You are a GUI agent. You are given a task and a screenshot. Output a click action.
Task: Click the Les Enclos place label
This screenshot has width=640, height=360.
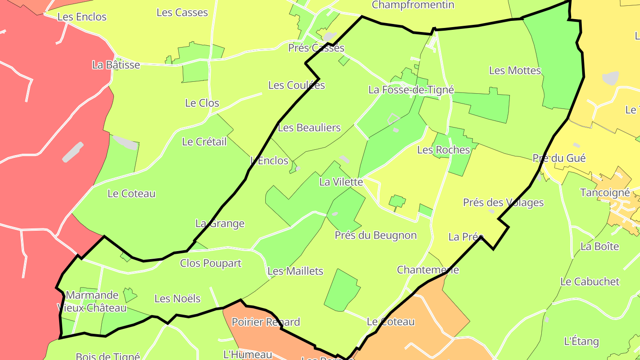tap(82, 17)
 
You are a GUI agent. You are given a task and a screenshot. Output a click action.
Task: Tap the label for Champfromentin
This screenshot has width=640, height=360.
tap(413, 5)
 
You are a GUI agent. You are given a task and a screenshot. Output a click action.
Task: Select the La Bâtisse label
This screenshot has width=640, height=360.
tap(116, 65)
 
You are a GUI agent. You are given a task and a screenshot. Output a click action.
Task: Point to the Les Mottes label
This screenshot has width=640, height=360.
tap(515, 70)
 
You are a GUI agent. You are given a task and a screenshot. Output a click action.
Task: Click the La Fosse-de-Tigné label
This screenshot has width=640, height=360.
tap(411, 90)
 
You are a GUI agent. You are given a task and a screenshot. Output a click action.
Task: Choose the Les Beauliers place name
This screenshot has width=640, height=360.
tap(309, 128)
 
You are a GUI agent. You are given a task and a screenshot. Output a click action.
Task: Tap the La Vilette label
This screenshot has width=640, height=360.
tap(341, 182)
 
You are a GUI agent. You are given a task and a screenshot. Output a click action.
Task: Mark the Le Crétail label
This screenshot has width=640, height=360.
tap(204, 142)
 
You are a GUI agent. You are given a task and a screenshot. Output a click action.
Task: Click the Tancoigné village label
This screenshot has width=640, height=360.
tap(605, 193)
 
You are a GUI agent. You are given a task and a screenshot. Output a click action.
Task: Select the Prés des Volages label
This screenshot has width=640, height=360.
tap(503, 203)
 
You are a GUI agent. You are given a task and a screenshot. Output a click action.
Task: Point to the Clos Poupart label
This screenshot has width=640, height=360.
tap(211, 263)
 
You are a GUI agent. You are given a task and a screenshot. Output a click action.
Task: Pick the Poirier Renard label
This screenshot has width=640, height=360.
tap(266, 322)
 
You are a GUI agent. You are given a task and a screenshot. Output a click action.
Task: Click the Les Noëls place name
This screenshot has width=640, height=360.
tap(177, 299)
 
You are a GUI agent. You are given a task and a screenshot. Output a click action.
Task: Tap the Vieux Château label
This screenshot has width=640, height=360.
tap(92, 308)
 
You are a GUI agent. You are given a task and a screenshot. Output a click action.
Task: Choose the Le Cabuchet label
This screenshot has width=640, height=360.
tap(590, 281)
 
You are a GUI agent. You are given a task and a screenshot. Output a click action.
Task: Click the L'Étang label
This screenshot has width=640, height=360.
tap(581, 341)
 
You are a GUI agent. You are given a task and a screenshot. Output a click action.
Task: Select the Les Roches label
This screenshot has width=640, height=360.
tap(444, 150)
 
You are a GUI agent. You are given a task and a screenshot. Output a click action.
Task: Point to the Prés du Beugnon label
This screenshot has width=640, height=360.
tap(376, 235)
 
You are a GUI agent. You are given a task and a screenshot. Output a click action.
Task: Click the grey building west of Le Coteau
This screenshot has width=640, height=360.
tap(73, 152)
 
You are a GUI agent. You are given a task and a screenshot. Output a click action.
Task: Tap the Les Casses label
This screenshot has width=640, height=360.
tap(182, 12)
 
